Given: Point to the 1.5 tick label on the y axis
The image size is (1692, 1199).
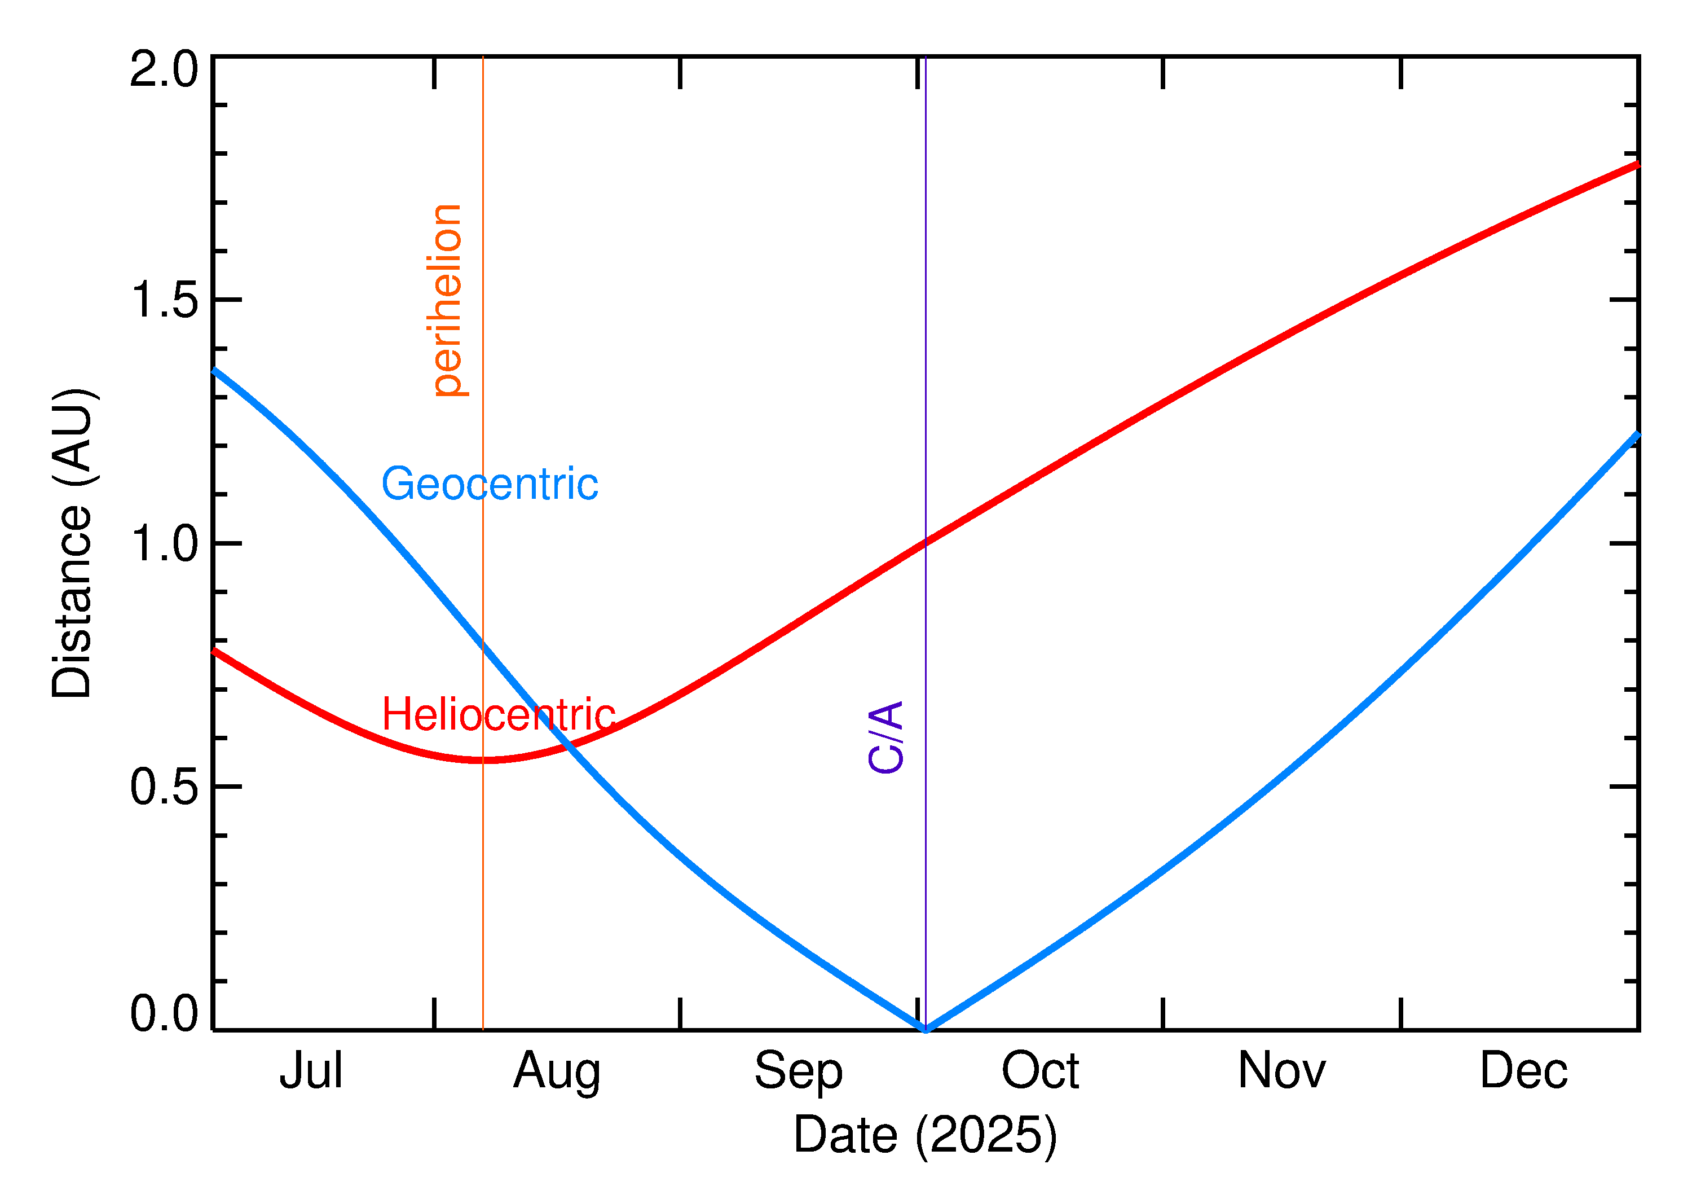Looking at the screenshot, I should [164, 301].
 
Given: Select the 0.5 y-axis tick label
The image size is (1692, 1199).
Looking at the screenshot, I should [164, 787].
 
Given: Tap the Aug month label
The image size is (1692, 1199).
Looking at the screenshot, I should [556, 1072].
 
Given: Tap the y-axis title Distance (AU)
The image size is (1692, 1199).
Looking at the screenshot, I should [72, 543].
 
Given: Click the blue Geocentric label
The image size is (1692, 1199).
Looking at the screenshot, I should [489, 484].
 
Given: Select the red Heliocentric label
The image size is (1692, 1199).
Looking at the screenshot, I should [498, 715].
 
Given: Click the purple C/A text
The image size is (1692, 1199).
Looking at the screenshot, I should [885, 737].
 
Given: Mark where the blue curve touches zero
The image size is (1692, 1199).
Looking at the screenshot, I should [926, 1029].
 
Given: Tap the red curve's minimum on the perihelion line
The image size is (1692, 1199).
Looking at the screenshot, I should [483, 759].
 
